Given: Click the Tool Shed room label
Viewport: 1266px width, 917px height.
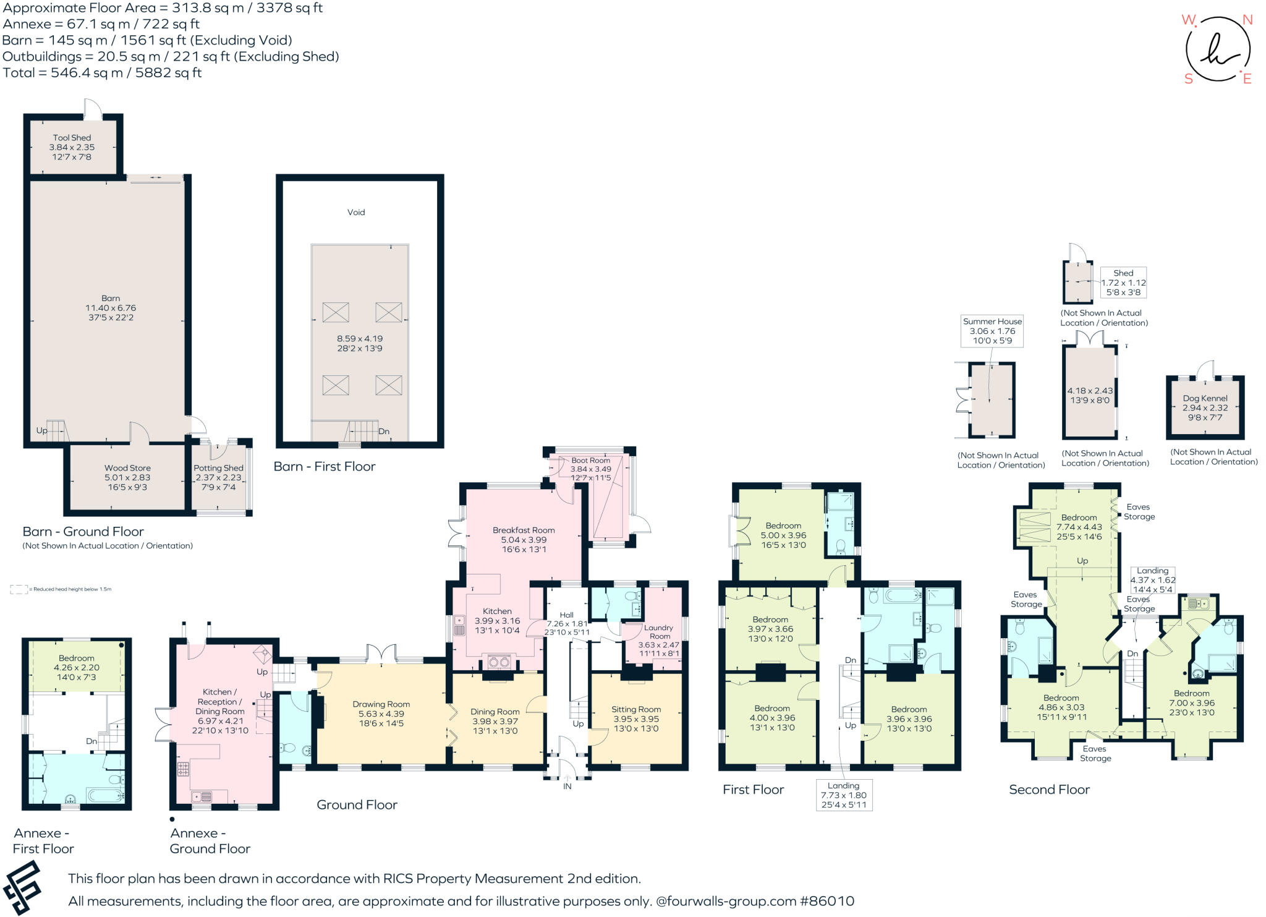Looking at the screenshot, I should point(72,138).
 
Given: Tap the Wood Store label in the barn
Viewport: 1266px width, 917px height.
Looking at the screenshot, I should point(127,468).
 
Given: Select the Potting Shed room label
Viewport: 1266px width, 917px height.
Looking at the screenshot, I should point(218,468).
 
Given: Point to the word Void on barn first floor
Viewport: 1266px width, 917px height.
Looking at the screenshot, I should point(356,212).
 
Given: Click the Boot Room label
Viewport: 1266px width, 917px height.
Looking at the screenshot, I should point(590,460).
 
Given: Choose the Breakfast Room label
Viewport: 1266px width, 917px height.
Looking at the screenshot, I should point(524,530).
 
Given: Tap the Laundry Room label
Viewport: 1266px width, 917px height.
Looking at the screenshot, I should point(659,631).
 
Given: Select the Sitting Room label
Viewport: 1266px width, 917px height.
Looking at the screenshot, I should point(636,709).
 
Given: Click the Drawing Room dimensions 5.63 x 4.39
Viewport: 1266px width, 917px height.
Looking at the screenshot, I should point(381,714).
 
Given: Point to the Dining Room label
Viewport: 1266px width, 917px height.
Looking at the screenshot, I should point(495,712).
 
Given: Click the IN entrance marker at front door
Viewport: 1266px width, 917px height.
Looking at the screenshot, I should point(567,787).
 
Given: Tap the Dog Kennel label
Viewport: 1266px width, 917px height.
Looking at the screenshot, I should point(1205,398).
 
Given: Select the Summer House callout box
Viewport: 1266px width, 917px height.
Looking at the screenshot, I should point(992,331).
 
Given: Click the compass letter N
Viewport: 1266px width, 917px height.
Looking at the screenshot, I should point(1247,20).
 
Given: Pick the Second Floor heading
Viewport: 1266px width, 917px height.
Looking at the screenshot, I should point(1049,790).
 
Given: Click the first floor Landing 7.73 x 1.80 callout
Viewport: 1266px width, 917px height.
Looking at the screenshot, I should point(843,795).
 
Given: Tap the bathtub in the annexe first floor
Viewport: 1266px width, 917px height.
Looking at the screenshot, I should point(106,795).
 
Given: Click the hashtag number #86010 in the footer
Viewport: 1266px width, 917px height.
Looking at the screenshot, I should point(827,901).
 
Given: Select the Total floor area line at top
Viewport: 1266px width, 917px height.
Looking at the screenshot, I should point(102,72).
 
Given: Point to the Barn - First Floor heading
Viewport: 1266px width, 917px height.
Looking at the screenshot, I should point(325,467).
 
